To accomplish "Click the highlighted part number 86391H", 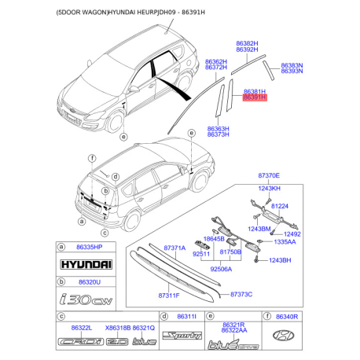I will click(x=255, y=99).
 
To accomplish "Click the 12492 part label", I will click(x=292, y=234).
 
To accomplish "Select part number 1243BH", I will click(x=281, y=260).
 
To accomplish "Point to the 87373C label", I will click(x=241, y=294).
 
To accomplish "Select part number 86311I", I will click(x=186, y=316).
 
